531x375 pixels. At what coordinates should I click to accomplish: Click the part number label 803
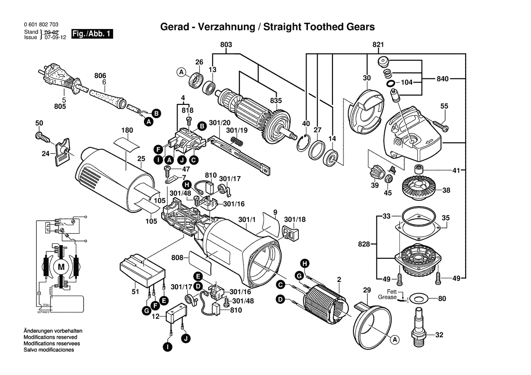coord(226,44)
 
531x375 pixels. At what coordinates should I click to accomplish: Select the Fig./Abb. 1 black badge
coord(93,34)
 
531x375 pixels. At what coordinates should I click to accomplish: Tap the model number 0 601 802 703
coord(40,25)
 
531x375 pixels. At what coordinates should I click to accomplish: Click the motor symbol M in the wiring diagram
coord(60,267)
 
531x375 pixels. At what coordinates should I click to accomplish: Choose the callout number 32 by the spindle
coord(439,335)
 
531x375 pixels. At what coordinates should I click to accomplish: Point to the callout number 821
coord(378,44)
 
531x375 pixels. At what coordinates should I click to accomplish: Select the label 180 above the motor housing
coord(127,130)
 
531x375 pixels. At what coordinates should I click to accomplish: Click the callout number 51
coord(135,292)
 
